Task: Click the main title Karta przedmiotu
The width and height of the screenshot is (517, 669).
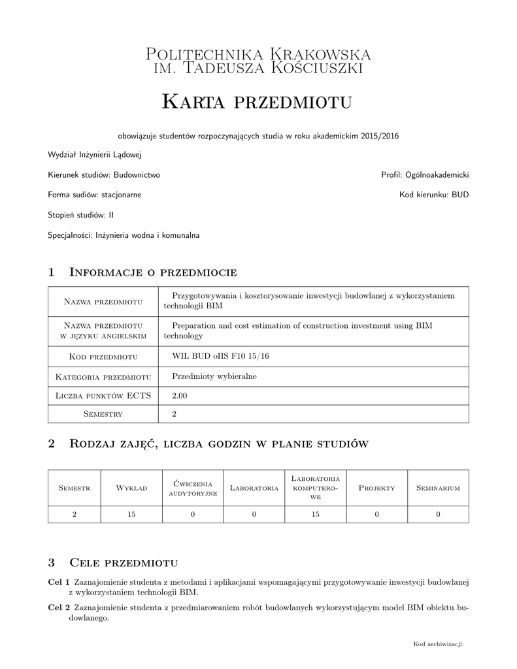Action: click(257, 101)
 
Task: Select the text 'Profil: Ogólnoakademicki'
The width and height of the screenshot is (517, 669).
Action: click(425, 175)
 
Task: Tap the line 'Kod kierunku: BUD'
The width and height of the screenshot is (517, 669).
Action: click(434, 195)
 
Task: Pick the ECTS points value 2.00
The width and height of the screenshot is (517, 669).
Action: click(179, 395)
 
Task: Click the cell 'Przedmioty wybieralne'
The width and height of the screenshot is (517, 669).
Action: click(214, 376)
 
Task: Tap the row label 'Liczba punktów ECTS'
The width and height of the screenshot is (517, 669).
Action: click(103, 395)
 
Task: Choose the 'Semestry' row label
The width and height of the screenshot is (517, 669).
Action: click(103, 414)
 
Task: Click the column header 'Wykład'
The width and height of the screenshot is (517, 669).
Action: click(131, 488)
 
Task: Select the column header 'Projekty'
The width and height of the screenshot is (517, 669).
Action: click(376, 488)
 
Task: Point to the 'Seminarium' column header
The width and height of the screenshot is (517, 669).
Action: click(438, 488)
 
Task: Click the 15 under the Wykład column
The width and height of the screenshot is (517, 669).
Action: click(131, 515)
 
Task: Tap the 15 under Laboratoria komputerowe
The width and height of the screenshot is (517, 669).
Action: click(315, 515)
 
